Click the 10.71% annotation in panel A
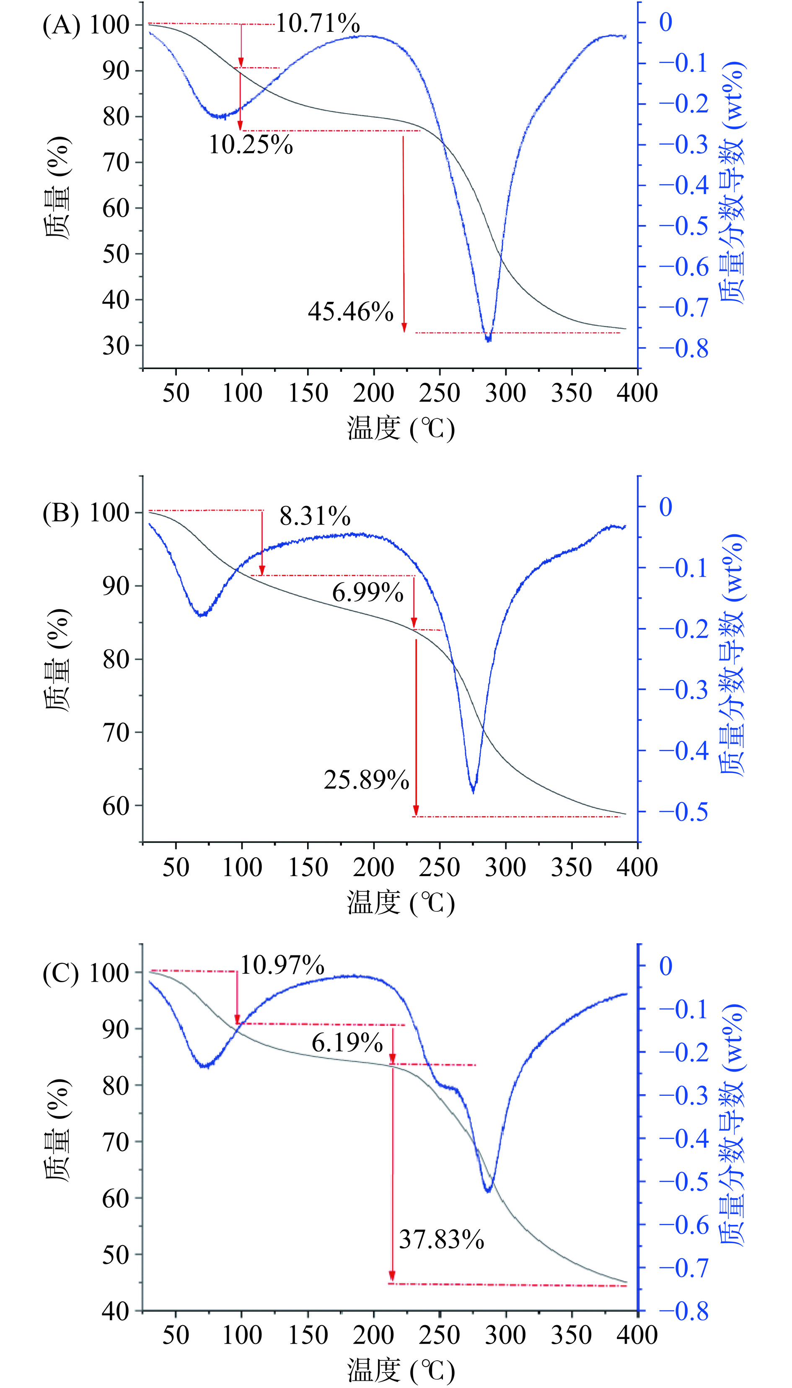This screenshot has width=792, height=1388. point(318,24)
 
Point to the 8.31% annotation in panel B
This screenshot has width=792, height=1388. point(315,516)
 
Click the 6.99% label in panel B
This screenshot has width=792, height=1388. point(368,592)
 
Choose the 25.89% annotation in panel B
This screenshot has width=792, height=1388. point(366,780)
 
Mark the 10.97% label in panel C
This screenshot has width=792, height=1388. point(282,965)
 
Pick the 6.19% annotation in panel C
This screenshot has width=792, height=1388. point(347,1043)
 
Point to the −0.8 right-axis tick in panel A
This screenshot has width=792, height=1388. point(684,349)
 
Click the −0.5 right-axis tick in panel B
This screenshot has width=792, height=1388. point(684,812)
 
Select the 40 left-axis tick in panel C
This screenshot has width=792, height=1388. point(115,1312)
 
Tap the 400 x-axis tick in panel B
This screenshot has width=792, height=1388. point(637,867)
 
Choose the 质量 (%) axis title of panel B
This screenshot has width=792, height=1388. point(57,660)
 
